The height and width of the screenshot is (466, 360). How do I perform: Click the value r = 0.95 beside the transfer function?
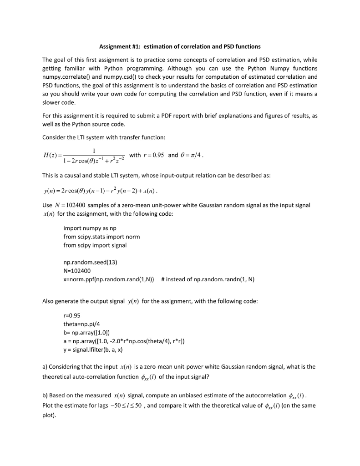[153, 155]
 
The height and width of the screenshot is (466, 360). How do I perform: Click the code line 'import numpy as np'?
[91, 228]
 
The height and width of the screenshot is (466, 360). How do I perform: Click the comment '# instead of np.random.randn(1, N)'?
[208, 279]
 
